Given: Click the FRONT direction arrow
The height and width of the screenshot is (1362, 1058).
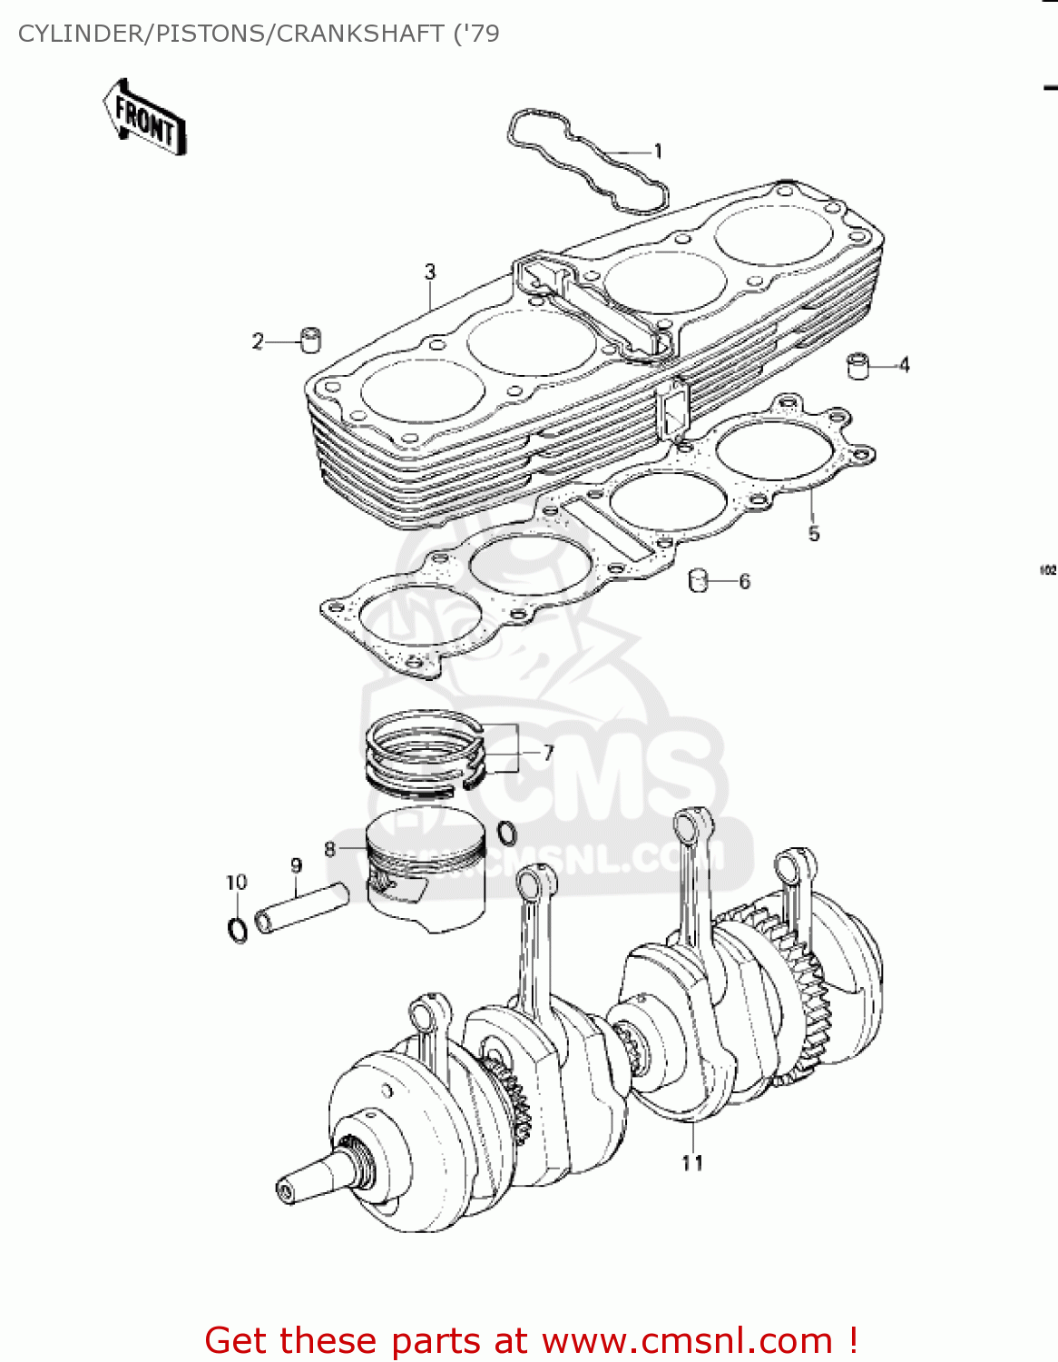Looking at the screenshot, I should pyautogui.click(x=144, y=117).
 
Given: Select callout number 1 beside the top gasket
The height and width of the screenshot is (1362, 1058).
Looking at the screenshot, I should pyautogui.click(x=658, y=152).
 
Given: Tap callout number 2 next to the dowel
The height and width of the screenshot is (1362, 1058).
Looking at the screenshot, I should pyautogui.click(x=258, y=341).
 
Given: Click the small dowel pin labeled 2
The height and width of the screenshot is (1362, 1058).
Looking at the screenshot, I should pyautogui.click(x=311, y=340).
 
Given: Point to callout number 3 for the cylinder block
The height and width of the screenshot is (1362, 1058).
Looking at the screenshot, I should pyautogui.click(x=430, y=271).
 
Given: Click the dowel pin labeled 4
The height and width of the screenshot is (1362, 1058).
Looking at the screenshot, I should pyautogui.click(x=857, y=365).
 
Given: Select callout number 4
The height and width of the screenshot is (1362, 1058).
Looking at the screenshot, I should pyautogui.click(x=904, y=365).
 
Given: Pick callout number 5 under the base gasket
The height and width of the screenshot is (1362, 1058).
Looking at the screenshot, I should pyautogui.click(x=814, y=534).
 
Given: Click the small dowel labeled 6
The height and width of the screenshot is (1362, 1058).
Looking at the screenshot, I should pyautogui.click(x=699, y=580).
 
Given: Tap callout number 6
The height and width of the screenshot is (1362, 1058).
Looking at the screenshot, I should pyautogui.click(x=745, y=581).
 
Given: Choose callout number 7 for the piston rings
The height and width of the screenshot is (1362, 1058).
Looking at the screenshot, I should pyautogui.click(x=548, y=753).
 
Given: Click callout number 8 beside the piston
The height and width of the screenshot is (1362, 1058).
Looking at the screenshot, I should pyautogui.click(x=330, y=849).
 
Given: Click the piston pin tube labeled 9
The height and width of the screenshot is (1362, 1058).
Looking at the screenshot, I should pyautogui.click(x=301, y=908).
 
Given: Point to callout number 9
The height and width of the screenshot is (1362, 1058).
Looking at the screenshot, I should pyautogui.click(x=296, y=865).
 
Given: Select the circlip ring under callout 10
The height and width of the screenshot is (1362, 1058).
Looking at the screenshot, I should pyautogui.click(x=237, y=930).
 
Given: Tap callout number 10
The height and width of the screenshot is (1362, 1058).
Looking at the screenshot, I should pyautogui.click(x=236, y=883).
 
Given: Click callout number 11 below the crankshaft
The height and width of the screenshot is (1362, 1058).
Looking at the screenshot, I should pyautogui.click(x=692, y=1163).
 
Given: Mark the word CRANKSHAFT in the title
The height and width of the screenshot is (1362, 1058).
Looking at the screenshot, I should pyautogui.click(x=360, y=34).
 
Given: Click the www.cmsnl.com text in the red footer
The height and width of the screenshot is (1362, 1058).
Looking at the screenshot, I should pyautogui.click(x=687, y=1340).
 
